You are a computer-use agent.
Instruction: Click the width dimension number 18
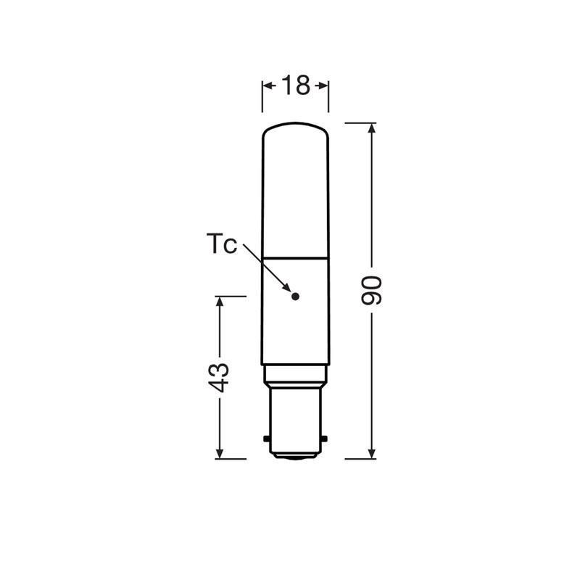pos(296,85)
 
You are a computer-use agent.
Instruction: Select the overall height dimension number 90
pos(371,291)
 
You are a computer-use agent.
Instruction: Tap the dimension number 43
pos(219,377)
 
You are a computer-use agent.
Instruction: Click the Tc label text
pos(221,244)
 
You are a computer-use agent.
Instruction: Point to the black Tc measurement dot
pos(295,296)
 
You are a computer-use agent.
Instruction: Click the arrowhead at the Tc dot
pos(287,287)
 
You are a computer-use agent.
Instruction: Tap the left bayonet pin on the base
pos(267,439)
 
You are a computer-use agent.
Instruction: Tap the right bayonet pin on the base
pos(324,439)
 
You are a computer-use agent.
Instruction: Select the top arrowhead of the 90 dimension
pos(372,128)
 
